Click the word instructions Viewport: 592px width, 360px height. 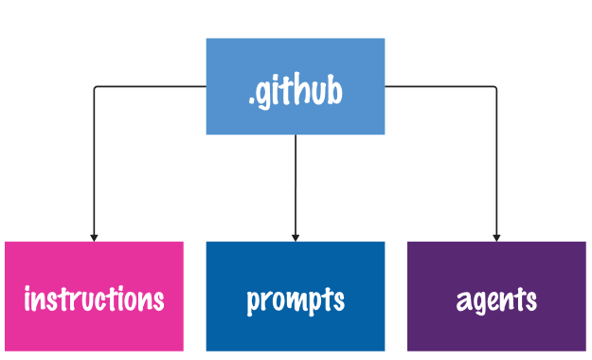pyautogui.click(x=94, y=299)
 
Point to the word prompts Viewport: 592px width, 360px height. pyautogui.click(x=296, y=300)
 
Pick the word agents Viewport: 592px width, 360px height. pyautogui.click(x=496, y=300)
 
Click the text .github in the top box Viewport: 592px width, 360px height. pyautogui.click(x=296, y=93)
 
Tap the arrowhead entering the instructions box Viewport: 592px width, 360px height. pyautogui.click(x=94, y=237)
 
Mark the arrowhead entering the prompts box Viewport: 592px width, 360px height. pyautogui.click(x=296, y=237)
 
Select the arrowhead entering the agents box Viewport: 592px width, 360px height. pyautogui.click(x=496, y=237)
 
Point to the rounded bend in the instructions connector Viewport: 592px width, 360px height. pyautogui.click(x=96, y=89)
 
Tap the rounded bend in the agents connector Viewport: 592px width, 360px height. pyautogui.click(x=494, y=89)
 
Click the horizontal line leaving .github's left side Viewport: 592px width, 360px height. pyautogui.click(x=152, y=87)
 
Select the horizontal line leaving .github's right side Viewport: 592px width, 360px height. pyautogui.click(x=440, y=87)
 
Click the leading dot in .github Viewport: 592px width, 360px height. pyautogui.click(x=252, y=102)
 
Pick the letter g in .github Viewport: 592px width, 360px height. pyautogui.click(x=264, y=97)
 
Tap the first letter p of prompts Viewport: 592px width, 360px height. pyautogui.click(x=253, y=302)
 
